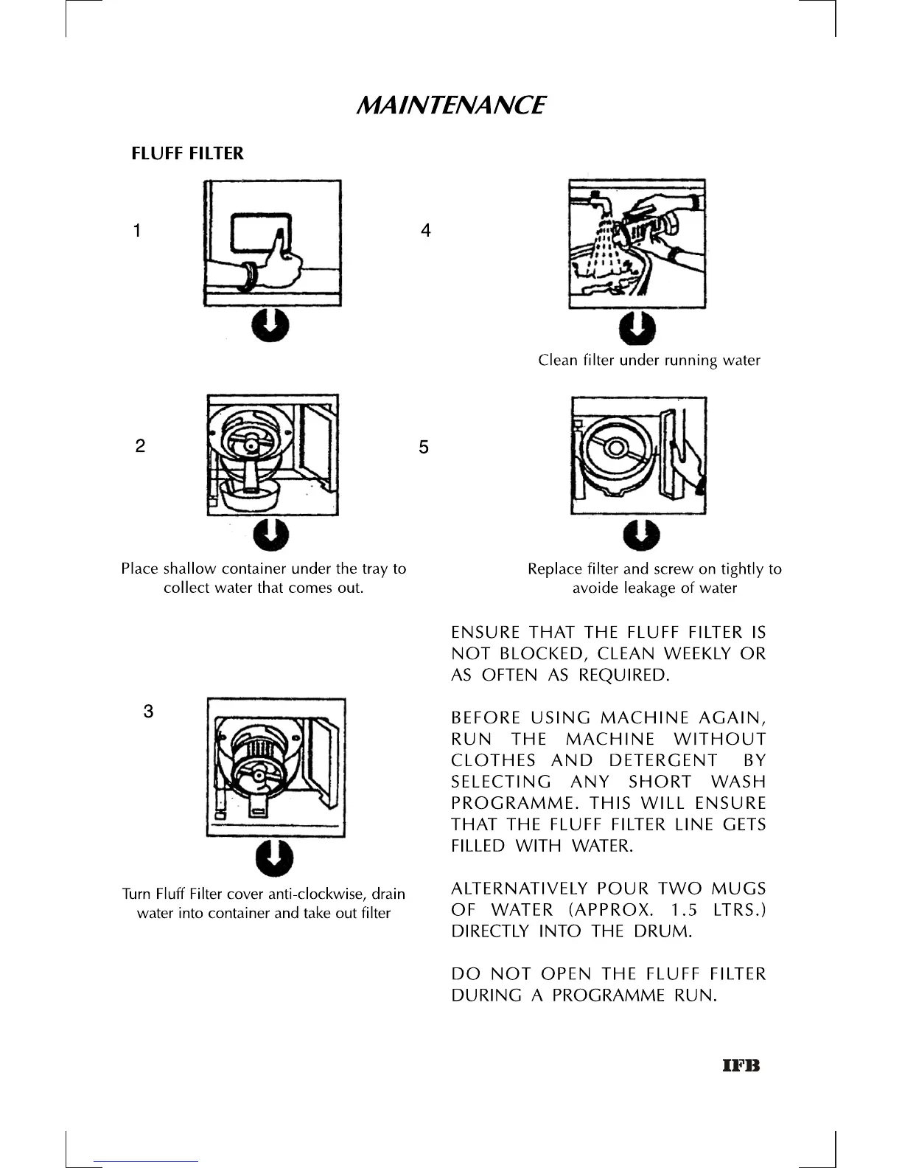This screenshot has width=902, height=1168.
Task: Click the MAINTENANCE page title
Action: pyautogui.click(x=450, y=105)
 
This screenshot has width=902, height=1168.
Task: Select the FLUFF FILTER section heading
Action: pyautogui.click(x=187, y=153)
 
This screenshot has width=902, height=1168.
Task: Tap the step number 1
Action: pyautogui.click(x=136, y=231)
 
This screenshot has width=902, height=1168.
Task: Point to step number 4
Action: pyautogui.click(x=425, y=231)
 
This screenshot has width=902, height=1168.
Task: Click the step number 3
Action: pyautogui.click(x=148, y=712)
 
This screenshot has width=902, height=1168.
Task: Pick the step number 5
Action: pyautogui.click(x=423, y=447)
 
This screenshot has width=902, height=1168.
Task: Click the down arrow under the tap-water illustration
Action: pyautogui.click(x=637, y=328)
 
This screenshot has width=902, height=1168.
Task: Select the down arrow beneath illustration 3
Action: pyautogui.click(x=273, y=858)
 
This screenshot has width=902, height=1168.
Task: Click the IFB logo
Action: pyautogui.click(x=741, y=1066)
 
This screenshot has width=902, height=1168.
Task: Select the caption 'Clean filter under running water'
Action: pyautogui.click(x=648, y=361)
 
